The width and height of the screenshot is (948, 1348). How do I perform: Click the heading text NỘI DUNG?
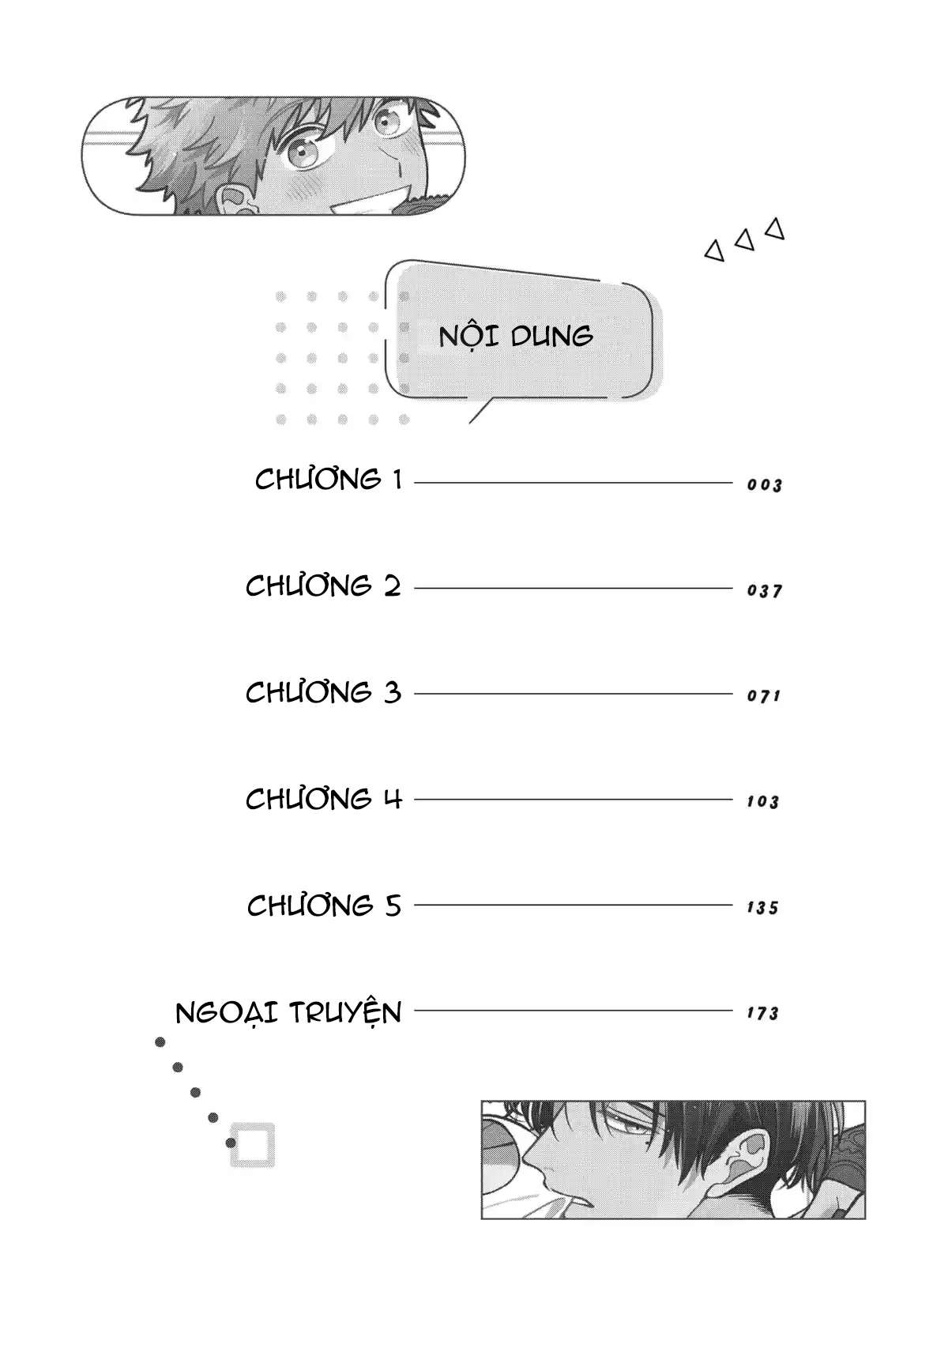point(516,336)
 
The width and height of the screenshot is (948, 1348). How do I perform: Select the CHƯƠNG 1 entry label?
point(329,480)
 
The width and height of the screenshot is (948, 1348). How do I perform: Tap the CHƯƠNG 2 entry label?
point(324,586)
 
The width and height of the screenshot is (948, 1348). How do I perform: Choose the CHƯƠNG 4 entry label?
point(324,799)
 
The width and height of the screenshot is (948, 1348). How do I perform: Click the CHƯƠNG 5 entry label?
point(325,906)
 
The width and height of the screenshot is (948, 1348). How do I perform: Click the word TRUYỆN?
point(345,1012)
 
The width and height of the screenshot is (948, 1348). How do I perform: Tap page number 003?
point(765,485)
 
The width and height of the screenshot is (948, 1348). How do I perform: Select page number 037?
point(765,591)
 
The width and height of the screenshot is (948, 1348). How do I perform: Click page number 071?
point(764,696)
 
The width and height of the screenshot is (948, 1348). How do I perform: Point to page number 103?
point(763,802)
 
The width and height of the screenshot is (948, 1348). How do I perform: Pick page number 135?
point(763,908)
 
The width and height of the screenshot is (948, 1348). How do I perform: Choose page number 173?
point(763,1013)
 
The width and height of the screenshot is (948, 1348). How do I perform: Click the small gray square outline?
point(253,1145)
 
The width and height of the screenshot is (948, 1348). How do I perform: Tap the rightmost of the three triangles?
point(776,228)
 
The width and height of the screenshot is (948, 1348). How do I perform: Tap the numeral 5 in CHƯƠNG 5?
point(393,906)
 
